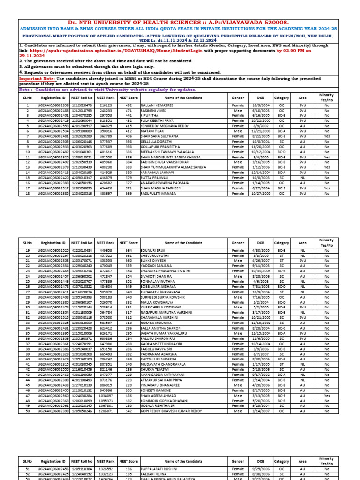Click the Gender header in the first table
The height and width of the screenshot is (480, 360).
coord(238,97)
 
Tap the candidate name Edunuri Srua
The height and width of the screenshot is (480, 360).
coord(152,251)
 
